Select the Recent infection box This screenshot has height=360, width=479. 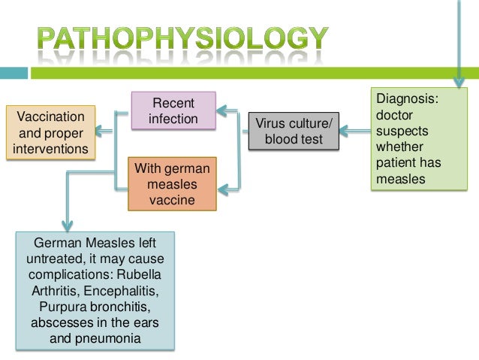click(x=174, y=110)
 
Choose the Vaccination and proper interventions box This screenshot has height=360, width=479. click(x=51, y=133)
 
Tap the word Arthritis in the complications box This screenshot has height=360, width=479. click(x=61, y=290)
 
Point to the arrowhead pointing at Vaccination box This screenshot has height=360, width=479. click(x=105, y=132)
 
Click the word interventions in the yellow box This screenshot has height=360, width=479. click(x=51, y=149)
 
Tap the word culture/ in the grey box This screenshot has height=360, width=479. click(x=307, y=123)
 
